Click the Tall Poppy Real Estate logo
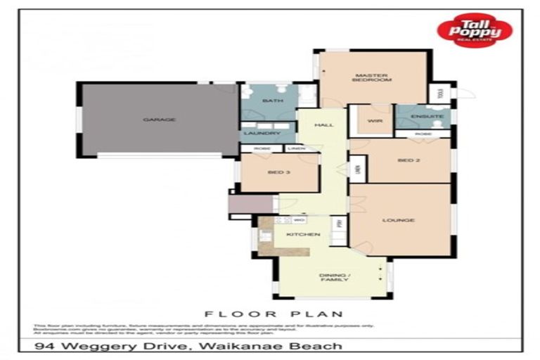(474, 31)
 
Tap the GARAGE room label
(159, 120)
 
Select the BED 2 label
(408, 160)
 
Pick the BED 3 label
(278, 172)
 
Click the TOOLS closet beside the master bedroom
(440, 93)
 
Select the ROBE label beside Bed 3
(262, 148)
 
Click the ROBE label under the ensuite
(423, 133)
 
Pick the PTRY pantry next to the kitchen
(338, 223)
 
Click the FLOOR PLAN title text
(273, 314)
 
